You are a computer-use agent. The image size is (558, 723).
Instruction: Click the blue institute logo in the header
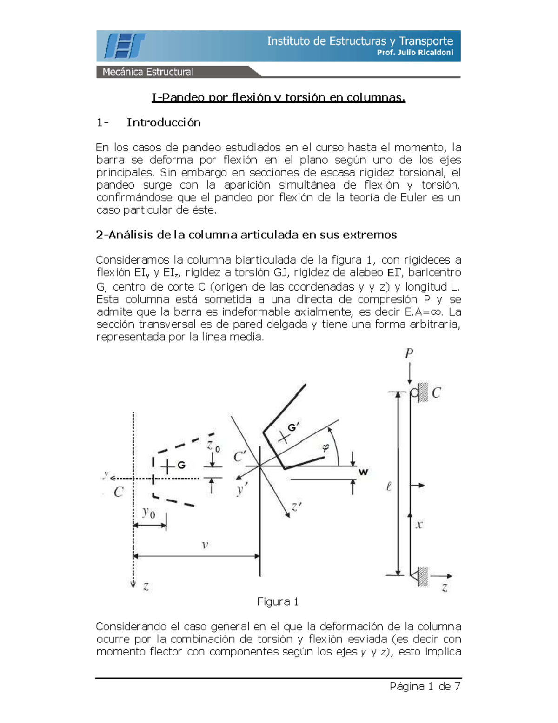coord(125,46)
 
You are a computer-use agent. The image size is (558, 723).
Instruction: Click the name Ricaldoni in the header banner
coord(435,53)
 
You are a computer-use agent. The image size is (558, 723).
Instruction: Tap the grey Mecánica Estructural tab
coord(148,72)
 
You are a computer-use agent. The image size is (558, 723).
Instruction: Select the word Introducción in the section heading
coord(164,122)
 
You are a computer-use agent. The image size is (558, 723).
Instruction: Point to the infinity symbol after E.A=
coord(438,312)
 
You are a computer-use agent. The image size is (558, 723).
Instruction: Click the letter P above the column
coord(409,354)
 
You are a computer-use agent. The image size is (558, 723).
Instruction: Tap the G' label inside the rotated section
coord(293,428)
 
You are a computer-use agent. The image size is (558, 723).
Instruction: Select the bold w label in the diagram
coord(363,472)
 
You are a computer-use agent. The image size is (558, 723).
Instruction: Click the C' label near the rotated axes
coord(240,457)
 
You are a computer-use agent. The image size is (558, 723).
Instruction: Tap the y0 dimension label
coord(149,513)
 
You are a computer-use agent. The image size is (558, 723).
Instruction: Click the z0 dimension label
coord(213,446)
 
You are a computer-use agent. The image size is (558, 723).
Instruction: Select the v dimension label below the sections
coord(205,544)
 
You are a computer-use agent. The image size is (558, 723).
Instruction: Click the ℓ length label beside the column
coord(389,487)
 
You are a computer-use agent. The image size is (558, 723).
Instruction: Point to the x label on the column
coord(419,525)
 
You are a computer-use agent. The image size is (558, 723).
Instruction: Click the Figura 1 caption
coord(278,601)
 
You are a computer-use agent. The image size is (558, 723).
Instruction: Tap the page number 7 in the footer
coord(458,686)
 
